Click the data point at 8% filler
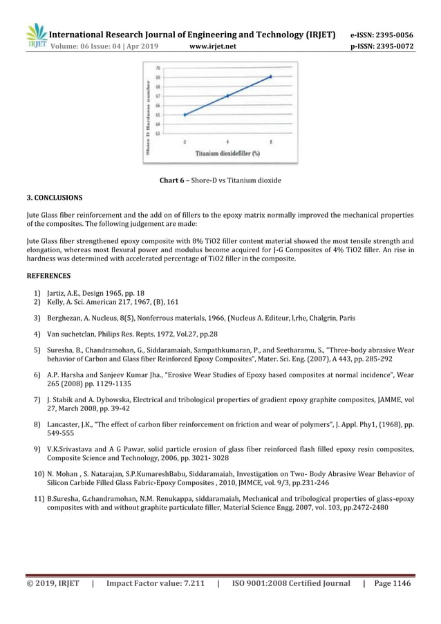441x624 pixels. [x=270, y=77]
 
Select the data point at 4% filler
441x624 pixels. [x=227, y=95]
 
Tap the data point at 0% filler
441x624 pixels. [x=185, y=114]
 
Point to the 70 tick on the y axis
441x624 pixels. [x=159, y=68]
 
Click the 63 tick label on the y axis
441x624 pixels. [x=159, y=133]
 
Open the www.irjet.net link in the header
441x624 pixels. [x=212, y=47]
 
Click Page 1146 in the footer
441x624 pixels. [x=392, y=583]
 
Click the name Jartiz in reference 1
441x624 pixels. [x=57, y=293]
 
